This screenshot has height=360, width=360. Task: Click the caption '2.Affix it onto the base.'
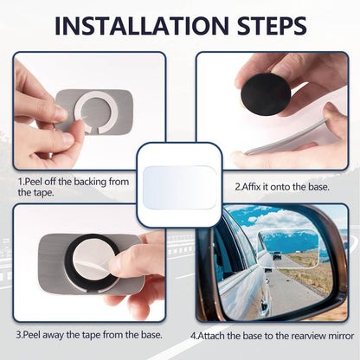coord(276,184)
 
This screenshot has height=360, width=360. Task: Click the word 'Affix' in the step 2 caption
coord(254,184)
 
